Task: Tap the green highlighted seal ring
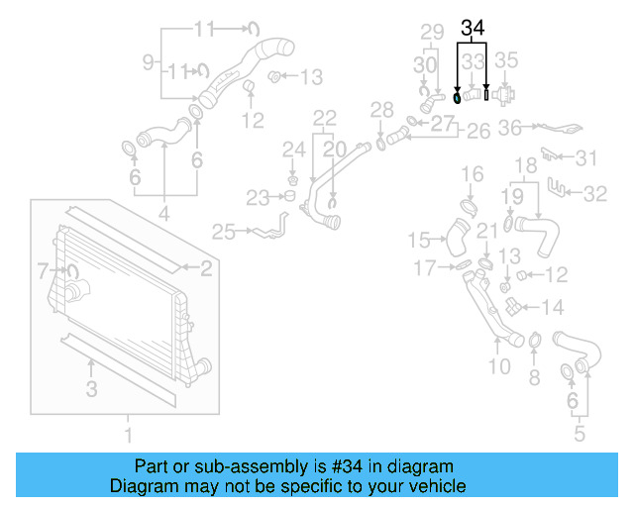[x=456, y=97]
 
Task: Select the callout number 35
[x=506, y=60]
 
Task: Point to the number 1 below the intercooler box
[x=127, y=434]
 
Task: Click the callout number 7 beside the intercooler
[x=43, y=269]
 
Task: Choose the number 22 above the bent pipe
[x=326, y=118]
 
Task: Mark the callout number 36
[x=510, y=127]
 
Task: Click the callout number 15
[x=420, y=240]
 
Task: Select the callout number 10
[x=498, y=366]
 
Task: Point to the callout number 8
[x=534, y=376]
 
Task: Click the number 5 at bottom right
[x=581, y=432]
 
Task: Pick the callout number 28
[x=381, y=108]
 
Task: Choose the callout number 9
[x=148, y=62]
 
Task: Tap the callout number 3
[x=91, y=390]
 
